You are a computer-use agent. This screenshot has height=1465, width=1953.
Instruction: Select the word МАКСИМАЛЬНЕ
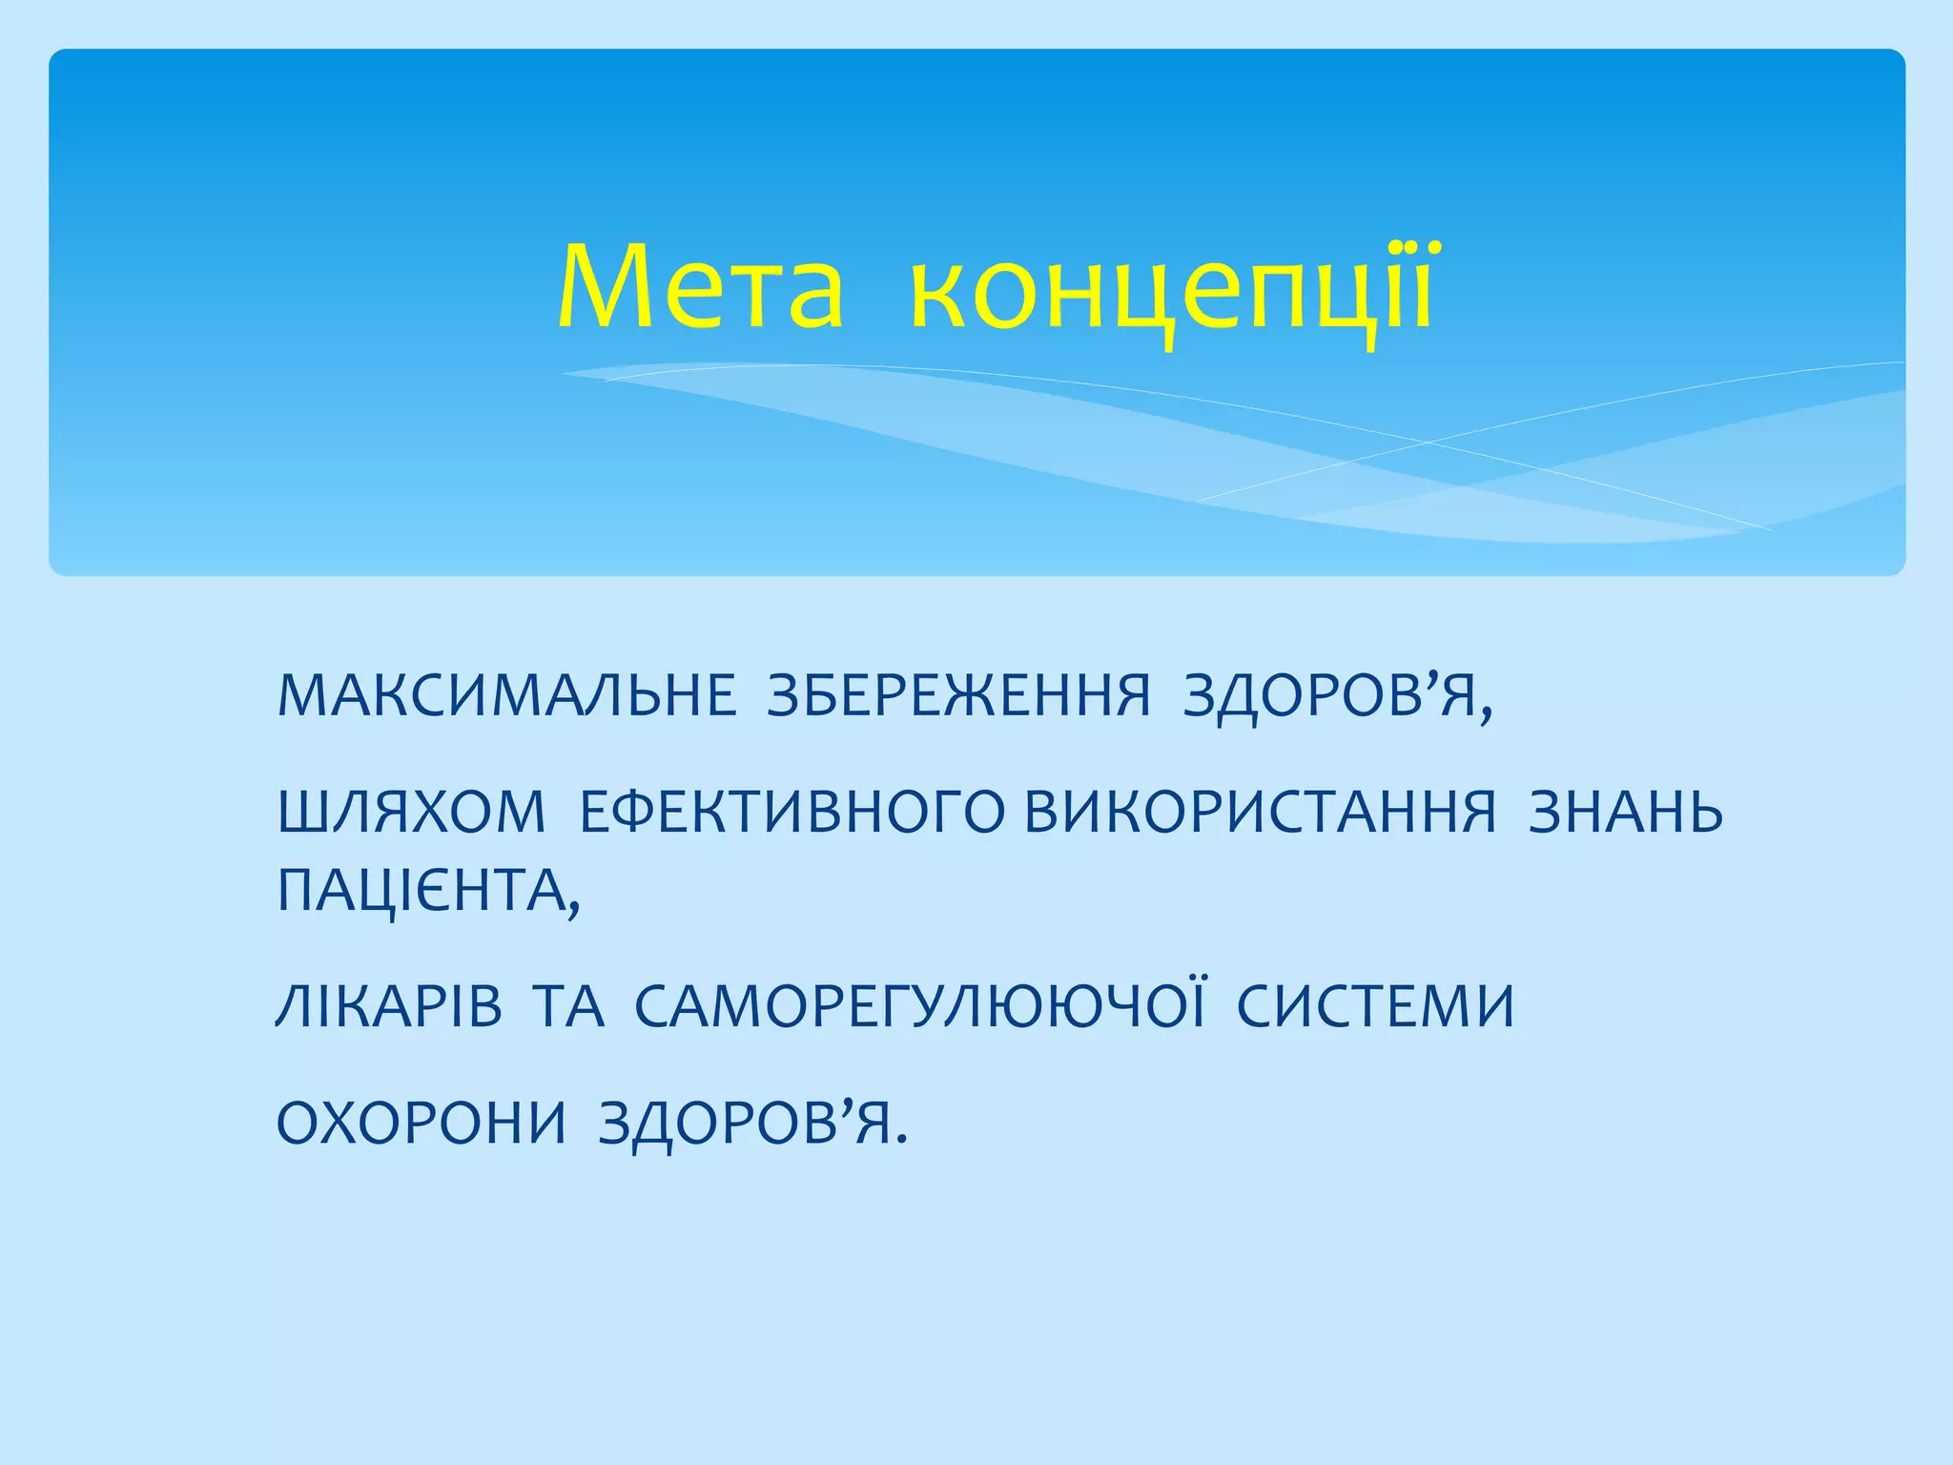point(506,695)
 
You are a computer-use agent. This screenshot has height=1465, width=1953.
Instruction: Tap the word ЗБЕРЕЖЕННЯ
point(959,695)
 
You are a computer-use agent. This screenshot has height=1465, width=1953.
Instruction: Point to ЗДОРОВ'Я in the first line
point(1330,695)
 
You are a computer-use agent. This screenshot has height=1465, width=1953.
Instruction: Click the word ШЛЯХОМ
point(411,813)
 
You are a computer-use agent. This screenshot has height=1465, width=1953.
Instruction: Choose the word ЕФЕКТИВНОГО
point(791,813)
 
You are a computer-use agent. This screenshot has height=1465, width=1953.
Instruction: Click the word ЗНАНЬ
point(1626,813)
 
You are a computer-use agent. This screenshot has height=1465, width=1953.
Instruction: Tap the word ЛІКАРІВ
point(389,1006)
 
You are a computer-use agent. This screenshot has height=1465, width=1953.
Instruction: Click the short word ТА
point(568,1006)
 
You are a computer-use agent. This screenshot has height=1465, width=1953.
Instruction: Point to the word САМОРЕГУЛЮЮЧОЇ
point(921,1006)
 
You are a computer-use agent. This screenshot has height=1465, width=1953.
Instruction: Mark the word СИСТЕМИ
point(1376,1006)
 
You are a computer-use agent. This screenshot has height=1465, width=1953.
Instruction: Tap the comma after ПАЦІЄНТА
point(573,911)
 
